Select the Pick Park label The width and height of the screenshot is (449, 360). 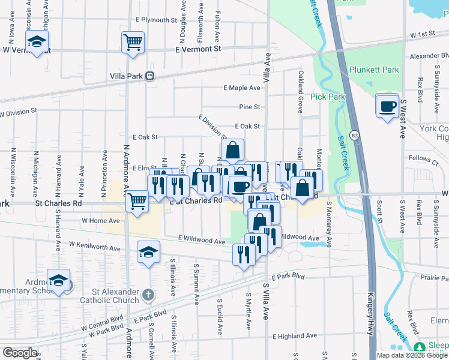click(328, 97)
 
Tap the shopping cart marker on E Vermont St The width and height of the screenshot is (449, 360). click(133, 42)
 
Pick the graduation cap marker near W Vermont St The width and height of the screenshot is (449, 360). click(37, 42)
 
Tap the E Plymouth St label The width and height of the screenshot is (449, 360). click(152, 20)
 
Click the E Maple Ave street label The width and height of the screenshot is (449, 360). click(242, 88)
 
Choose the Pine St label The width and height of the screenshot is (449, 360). click(249, 107)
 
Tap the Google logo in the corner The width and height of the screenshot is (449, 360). click(20, 353)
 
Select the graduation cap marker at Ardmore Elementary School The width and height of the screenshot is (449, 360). click(59, 281)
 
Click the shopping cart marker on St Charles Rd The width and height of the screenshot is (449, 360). click(137, 201)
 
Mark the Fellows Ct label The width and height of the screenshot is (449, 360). click(426, 160)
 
